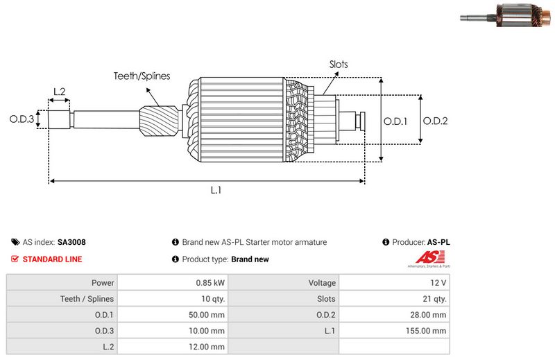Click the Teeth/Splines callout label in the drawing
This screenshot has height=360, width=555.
click(142, 76)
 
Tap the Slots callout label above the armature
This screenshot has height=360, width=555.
click(339, 65)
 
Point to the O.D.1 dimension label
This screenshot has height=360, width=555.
click(395, 121)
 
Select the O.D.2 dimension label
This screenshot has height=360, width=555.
click(435, 121)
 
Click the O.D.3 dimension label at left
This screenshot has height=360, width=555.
click(22, 119)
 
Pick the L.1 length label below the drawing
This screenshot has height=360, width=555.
click(216, 190)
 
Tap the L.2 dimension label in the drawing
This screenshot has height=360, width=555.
click(59, 92)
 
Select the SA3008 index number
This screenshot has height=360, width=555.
click(71, 243)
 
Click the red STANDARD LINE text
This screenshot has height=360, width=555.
click(52, 259)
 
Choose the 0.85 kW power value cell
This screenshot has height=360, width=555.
click(210, 283)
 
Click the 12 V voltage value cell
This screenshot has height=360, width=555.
click(438, 283)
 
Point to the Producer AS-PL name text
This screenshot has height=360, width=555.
click(438, 243)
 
